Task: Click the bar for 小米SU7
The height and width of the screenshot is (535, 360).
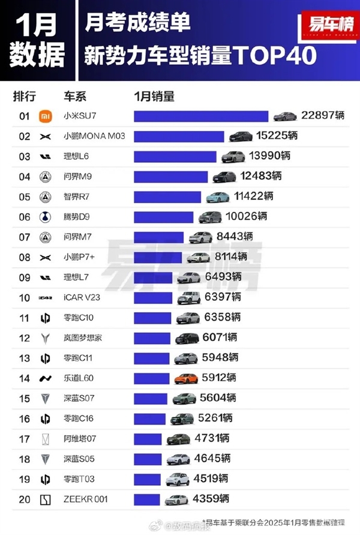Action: tap(201, 116)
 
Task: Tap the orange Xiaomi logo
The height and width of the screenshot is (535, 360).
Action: tap(46, 116)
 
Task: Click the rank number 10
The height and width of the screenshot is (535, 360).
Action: tap(25, 298)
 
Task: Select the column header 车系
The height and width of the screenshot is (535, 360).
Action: tap(76, 96)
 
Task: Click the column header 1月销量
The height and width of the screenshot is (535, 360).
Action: tap(154, 96)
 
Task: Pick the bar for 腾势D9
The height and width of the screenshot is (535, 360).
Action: tap(163, 217)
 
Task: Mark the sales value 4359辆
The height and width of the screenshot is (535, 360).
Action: tap(211, 498)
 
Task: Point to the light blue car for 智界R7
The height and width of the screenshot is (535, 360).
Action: tap(218, 197)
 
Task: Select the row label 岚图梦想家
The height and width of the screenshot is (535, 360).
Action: tap(83, 338)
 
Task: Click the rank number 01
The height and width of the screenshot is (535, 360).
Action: tap(25, 116)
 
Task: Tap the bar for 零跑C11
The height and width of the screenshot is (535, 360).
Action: tap(152, 358)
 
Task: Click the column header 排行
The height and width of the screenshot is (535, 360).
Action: tap(25, 96)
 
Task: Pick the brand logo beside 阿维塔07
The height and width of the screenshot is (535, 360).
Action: tap(46, 439)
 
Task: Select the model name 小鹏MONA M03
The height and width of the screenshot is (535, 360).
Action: tap(94, 136)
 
